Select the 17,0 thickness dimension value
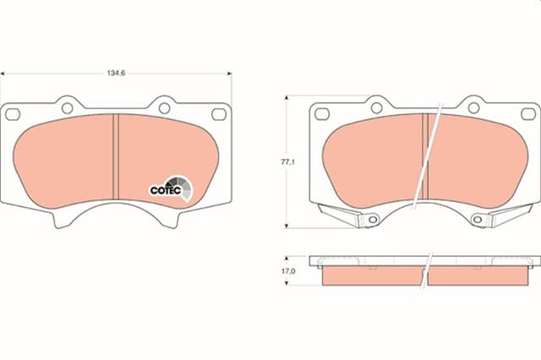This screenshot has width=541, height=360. (x=287, y=271)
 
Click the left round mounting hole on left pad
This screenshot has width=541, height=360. (x=68, y=106)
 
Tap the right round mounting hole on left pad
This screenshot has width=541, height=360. (x=164, y=106)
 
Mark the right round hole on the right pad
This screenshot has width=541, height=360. (x=473, y=107)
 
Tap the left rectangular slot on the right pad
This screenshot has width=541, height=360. (x=321, y=114)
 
